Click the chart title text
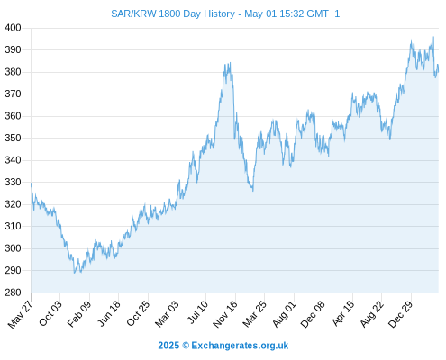click(225, 13)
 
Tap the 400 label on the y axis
click(13, 28)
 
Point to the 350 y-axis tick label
click(13, 139)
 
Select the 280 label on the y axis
click(13, 292)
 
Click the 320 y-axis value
click(13, 204)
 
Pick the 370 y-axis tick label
click(13, 94)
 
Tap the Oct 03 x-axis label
click(50, 313)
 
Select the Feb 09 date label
click(79, 313)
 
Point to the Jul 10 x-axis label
click(197, 312)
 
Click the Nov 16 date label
click(225, 313)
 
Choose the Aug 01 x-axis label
click(284, 313)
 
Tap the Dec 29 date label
click(401, 313)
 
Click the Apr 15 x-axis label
click(343, 313)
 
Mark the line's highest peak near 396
click(433, 37)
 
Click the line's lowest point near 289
click(75, 273)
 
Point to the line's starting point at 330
click(32, 183)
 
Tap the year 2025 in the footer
click(168, 346)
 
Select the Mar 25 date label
click(254, 313)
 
